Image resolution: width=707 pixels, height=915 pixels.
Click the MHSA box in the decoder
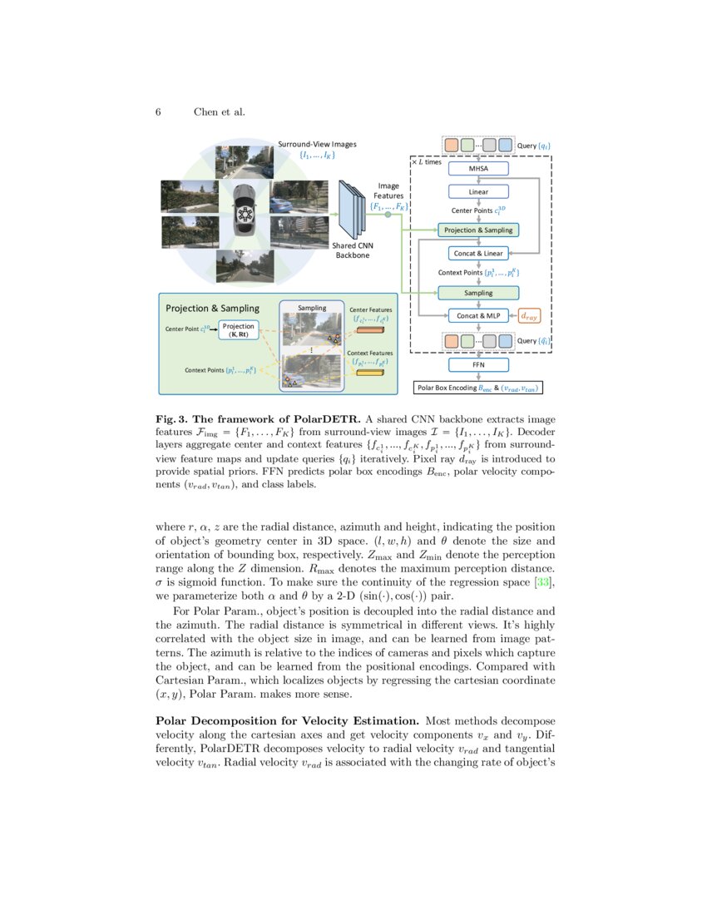(478, 169)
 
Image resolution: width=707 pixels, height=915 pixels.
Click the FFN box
(478, 364)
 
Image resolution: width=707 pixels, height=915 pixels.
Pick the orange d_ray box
(529, 315)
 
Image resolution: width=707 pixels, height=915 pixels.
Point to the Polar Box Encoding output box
(478, 388)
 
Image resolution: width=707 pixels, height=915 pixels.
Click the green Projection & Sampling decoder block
(478, 230)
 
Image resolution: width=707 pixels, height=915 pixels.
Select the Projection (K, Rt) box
(239, 330)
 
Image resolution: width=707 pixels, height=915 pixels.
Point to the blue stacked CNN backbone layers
(353, 211)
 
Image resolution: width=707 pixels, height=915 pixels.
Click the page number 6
(158, 112)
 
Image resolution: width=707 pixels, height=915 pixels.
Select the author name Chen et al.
(219, 112)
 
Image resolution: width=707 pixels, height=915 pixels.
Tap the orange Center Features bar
(370, 332)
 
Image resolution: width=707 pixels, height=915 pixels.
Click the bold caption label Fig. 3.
(173, 418)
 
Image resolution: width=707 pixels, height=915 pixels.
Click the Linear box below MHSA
(478, 191)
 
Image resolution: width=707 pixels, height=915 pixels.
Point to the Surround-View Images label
(317, 144)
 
